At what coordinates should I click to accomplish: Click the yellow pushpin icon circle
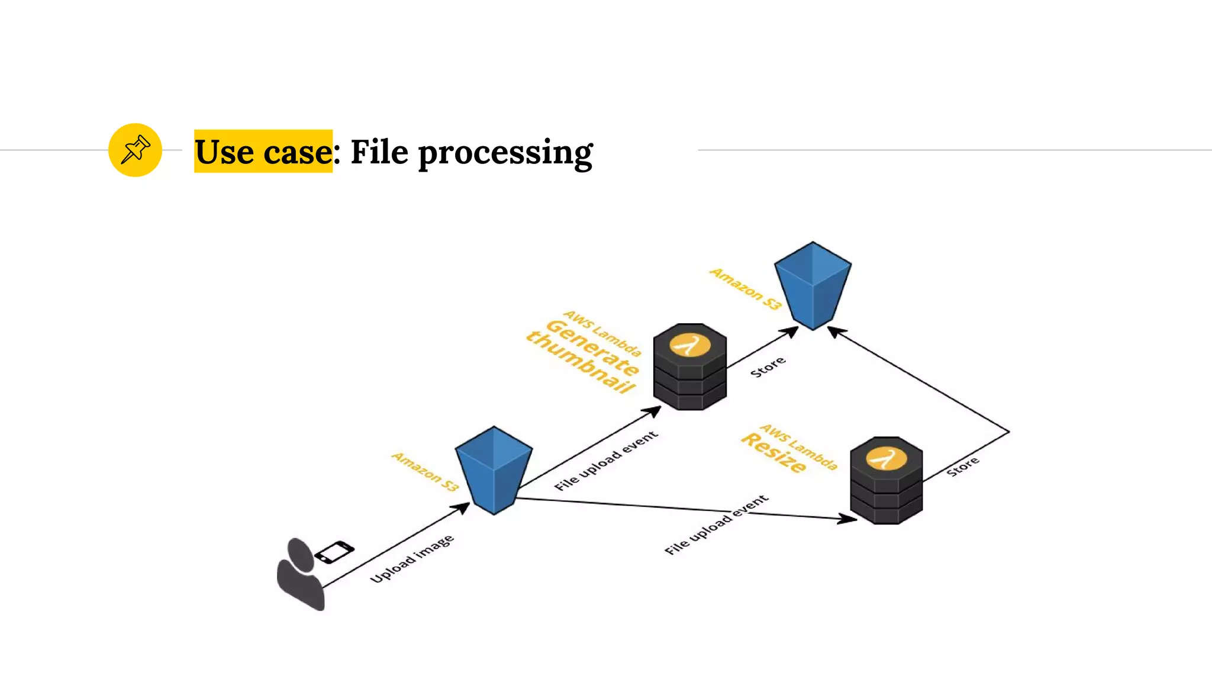[x=135, y=150]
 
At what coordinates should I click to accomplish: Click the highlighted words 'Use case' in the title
[x=263, y=152]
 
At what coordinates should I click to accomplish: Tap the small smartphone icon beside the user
[x=334, y=552]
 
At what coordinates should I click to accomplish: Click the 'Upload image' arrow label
[x=412, y=559]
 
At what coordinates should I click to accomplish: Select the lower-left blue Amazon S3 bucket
[x=494, y=470]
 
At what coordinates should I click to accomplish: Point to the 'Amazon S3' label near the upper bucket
[x=746, y=289]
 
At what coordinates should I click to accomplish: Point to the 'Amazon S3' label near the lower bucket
[x=425, y=472]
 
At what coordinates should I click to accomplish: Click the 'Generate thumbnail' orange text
[x=583, y=356]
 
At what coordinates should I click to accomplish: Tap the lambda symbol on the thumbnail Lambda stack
[x=689, y=345]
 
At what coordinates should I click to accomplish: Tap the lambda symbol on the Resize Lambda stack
[x=886, y=458]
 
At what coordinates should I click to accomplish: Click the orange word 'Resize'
[x=773, y=453]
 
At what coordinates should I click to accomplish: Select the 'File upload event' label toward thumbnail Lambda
[x=606, y=461]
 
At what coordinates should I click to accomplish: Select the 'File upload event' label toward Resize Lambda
[x=716, y=525]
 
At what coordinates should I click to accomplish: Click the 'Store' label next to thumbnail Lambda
[x=768, y=367]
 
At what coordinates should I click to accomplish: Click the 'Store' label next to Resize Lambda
[x=963, y=467]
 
